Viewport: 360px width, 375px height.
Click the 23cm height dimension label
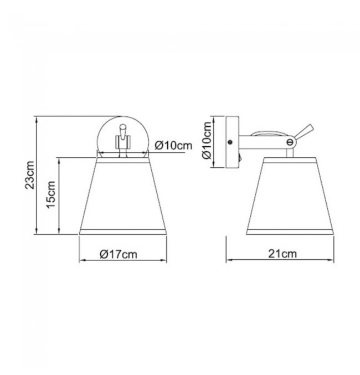point(30,175)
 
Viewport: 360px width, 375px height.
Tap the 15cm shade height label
point(51,195)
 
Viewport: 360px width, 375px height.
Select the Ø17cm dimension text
point(119,254)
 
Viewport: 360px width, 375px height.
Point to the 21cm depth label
point(282,254)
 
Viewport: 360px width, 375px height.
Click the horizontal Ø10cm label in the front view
point(173,146)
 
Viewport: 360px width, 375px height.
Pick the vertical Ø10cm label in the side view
point(207,140)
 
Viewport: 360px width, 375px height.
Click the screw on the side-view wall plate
point(230,142)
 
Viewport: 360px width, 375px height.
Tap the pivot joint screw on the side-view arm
point(290,142)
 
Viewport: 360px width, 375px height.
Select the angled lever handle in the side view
point(304,132)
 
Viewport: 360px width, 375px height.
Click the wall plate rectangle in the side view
point(232,142)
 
